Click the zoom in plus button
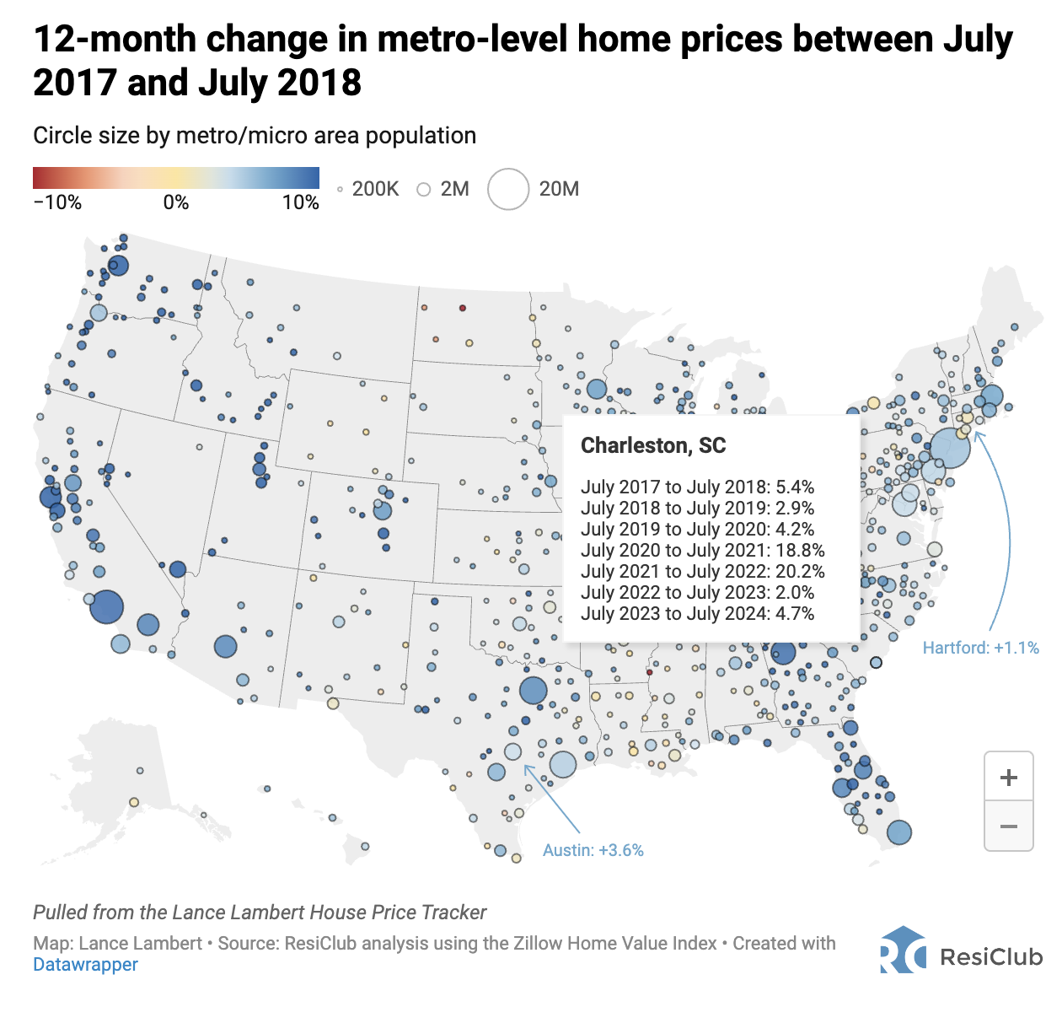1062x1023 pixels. (x=1008, y=777)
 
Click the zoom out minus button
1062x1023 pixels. (x=1008, y=826)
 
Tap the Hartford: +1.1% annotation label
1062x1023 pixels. (x=980, y=648)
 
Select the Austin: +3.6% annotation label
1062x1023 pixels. (x=593, y=850)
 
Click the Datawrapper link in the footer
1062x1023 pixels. (x=85, y=965)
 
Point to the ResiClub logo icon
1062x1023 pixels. (x=903, y=951)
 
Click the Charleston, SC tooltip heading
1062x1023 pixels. (x=653, y=445)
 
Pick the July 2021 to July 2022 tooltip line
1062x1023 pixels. (x=702, y=572)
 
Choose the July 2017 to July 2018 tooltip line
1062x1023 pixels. (x=697, y=487)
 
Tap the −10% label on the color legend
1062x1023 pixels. (x=57, y=202)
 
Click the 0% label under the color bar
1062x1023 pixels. (x=176, y=202)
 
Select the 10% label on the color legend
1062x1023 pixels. (x=301, y=202)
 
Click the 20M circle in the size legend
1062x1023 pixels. (x=508, y=189)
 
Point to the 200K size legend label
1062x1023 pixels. (x=375, y=189)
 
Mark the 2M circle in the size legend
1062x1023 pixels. (x=424, y=189)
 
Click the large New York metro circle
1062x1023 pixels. (x=950, y=447)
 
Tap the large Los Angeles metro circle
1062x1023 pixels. (x=107, y=606)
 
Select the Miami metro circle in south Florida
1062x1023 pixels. (x=899, y=832)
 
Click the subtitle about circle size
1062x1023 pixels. (x=255, y=136)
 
